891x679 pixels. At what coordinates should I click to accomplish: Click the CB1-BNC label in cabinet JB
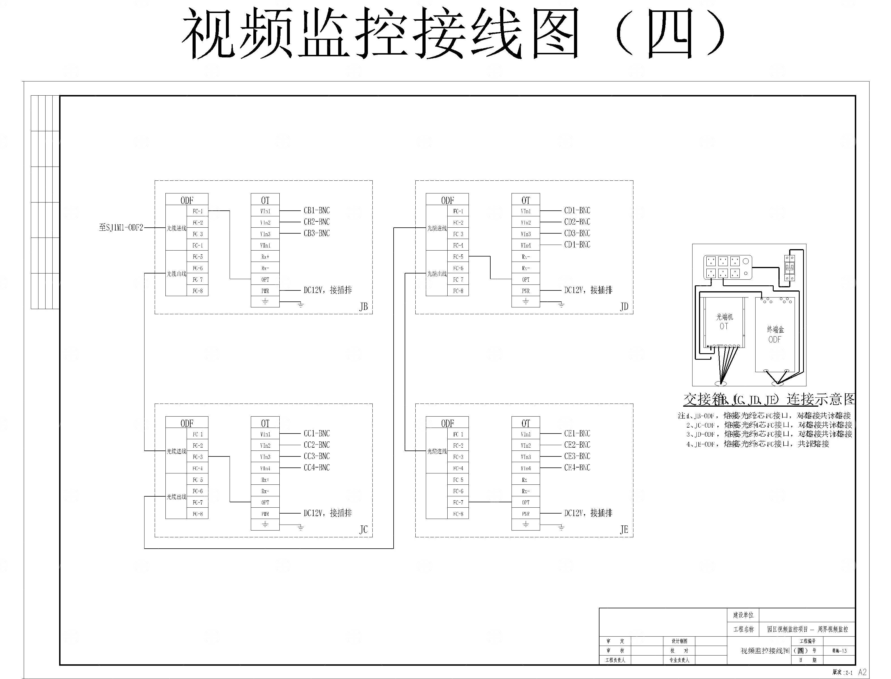coord(316,211)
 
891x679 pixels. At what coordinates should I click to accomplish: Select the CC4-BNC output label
coord(316,468)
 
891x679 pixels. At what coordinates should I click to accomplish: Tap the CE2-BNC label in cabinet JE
coord(577,445)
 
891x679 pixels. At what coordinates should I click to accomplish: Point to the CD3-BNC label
coord(577,233)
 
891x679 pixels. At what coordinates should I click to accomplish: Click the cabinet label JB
coord(363,307)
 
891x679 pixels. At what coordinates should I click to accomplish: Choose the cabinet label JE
coord(624,530)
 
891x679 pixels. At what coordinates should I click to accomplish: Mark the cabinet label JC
coord(363,530)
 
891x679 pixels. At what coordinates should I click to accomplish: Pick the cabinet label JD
coord(624,307)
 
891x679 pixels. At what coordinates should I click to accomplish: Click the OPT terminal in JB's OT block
coord(265,279)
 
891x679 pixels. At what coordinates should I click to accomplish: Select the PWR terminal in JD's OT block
coord(525,291)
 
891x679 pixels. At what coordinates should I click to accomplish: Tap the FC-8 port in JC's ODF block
coord(198,514)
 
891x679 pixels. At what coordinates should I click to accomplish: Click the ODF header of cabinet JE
coord(447,423)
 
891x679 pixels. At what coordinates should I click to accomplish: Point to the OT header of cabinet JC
coord(265,423)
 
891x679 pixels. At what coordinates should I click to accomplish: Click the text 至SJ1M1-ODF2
coord(121,228)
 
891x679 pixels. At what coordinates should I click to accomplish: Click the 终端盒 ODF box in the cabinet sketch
coord(774,335)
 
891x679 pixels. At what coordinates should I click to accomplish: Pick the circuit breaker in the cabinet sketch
coord(789,268)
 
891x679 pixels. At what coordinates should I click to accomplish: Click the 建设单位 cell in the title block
coord(743,615)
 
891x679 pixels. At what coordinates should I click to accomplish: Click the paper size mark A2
coord(862,672)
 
